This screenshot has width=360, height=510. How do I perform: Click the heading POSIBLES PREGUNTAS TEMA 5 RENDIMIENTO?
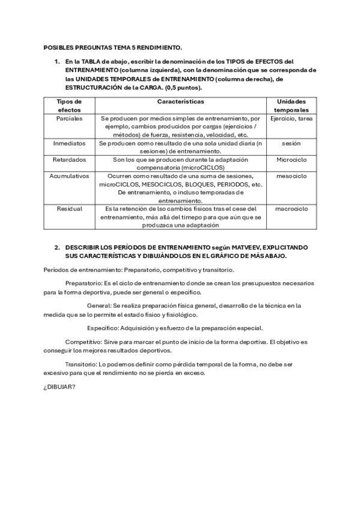(112, 46)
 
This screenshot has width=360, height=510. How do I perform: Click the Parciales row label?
(69, 119)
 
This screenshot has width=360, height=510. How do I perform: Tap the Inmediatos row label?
(69, 144)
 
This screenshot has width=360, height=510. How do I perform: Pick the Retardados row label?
(69, 160)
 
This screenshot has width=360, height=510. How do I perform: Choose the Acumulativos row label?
(69, 176)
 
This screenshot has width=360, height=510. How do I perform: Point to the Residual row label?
(69, 209)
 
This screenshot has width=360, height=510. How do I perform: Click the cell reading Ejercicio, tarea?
(291, 119)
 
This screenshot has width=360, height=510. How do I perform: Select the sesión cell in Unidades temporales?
(291, 144)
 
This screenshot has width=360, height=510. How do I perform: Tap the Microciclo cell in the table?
(291, 160)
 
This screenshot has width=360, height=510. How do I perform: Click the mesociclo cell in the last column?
(291, 176)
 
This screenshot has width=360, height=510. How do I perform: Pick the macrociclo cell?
(291, 209)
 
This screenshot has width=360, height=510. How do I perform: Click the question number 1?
(56, 61)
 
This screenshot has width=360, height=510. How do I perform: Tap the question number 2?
(56, 247)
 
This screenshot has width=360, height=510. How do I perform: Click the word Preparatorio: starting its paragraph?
(84, 283)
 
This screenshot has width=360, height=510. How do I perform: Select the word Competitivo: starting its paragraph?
(84, 342)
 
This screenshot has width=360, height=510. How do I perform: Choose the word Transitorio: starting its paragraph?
(82, 364)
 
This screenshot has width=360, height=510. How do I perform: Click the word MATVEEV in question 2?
(239, 247)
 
